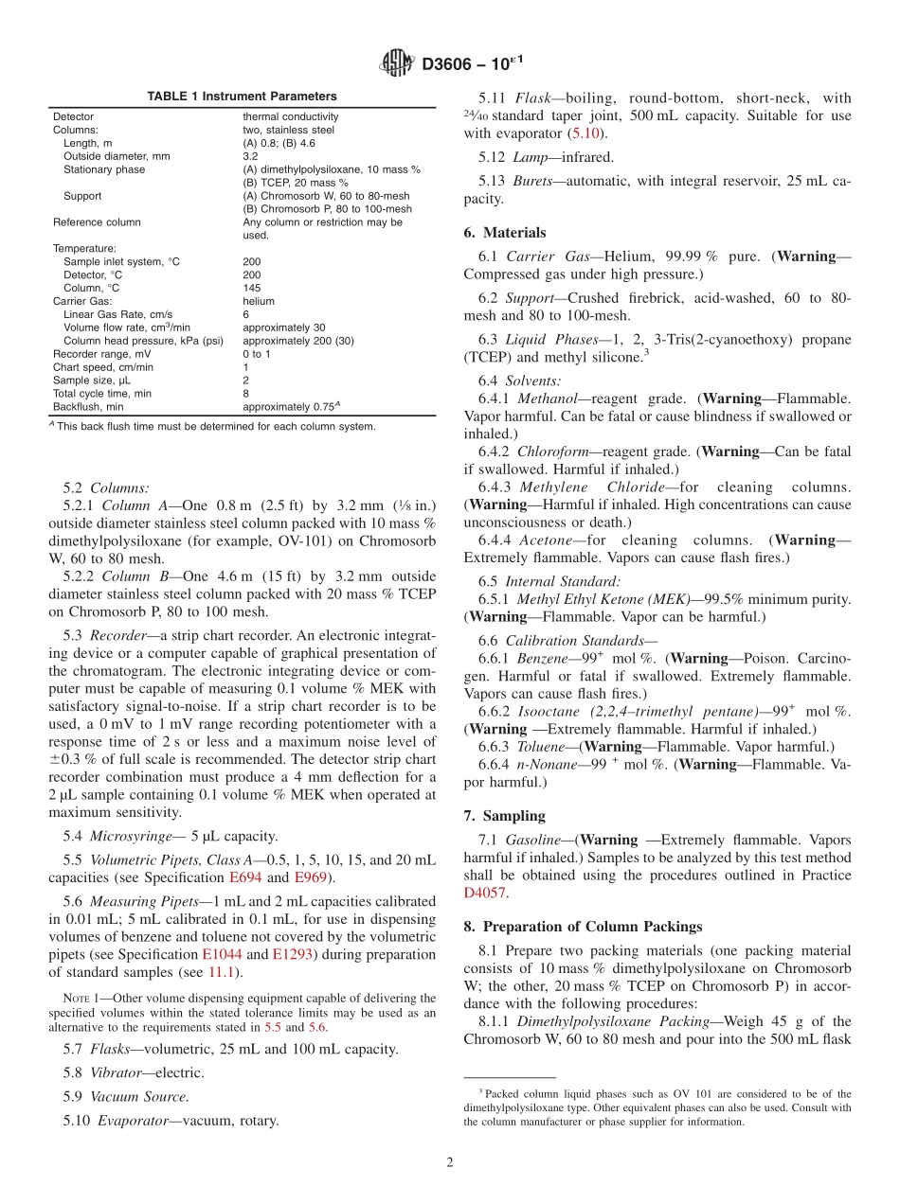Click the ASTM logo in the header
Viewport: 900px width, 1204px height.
click(396, 63)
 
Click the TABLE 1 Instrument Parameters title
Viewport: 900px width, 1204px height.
click(242, 97)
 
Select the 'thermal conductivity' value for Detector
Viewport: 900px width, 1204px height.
click(291, 117)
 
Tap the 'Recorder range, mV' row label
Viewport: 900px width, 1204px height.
click(97, 354)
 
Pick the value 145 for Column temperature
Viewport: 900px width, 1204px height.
click(251, 288)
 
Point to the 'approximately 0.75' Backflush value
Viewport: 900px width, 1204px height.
click(286, 407)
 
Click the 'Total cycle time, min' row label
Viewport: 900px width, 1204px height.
click(102, 394)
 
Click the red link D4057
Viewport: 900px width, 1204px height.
click(484, 893)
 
